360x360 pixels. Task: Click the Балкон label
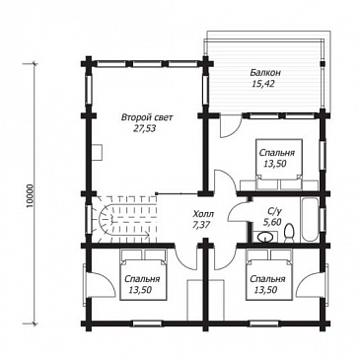click(x=262, y=73)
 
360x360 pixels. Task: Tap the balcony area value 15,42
click(x=262, y=84)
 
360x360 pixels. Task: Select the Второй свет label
click(x=146, y=117)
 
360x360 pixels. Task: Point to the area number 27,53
click(x=144, y=129)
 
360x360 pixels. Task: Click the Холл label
click(x=203, y=214)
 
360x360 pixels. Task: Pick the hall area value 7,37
click(x=201, y=225)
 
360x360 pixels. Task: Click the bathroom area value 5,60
click(x=272, y=222)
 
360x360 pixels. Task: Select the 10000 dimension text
click(x=30, y=195)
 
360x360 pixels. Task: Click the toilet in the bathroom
click(x=289, y=233)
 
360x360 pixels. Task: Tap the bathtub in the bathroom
click(x=310, y=219)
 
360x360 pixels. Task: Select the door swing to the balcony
click(x=231, y=126)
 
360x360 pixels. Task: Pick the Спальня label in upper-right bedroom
click(x=277, y=153)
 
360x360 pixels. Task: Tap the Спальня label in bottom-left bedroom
click(x=142, y=279)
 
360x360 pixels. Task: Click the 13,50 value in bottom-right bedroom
click(x=265, y=290)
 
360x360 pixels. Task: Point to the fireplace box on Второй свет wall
click(x=98, y=152)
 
